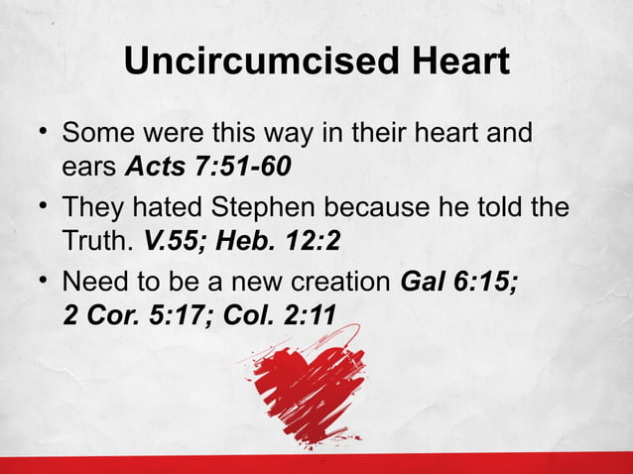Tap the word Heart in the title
click(454, 61)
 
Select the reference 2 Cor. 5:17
click(122, 315)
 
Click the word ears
click(89, 166)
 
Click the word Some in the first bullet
click(98, 133)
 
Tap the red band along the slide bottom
click(316, 463)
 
